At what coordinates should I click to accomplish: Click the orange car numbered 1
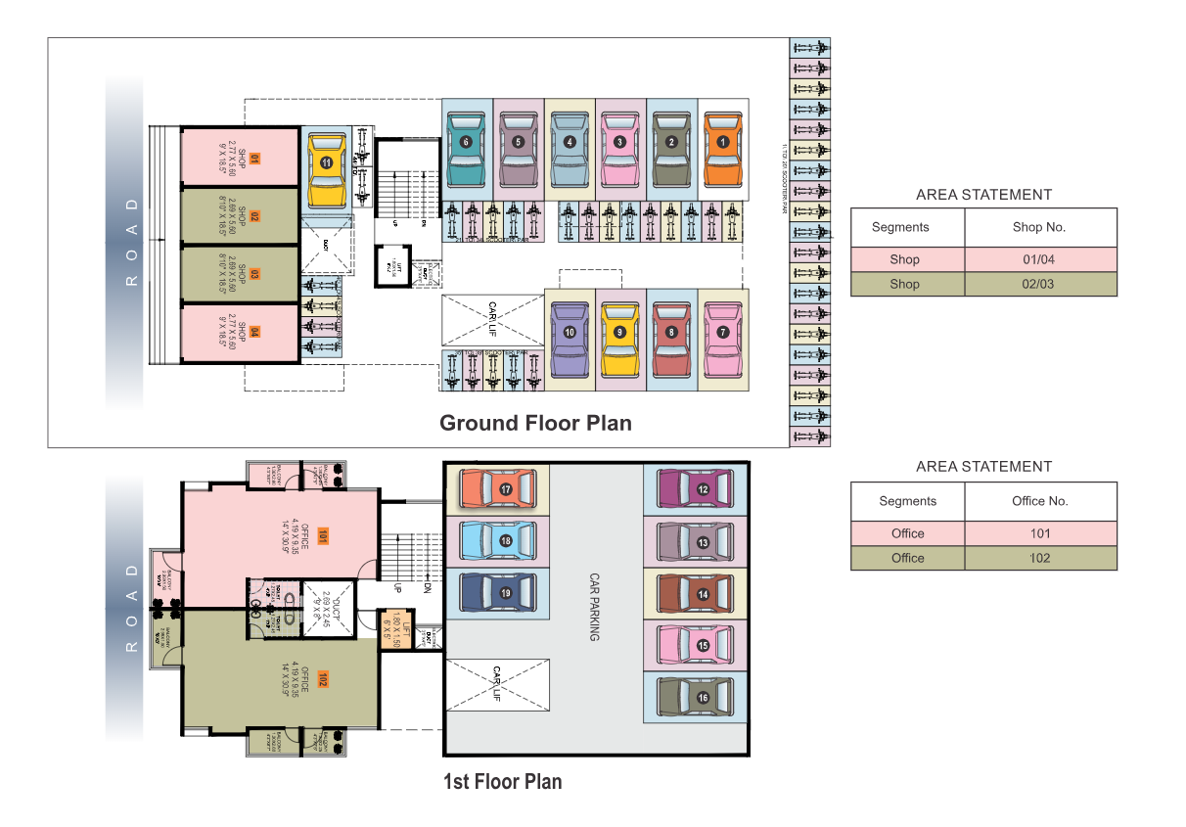[723, 147]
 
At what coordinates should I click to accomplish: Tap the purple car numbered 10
[569, 339]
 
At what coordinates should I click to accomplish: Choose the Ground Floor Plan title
[535, 423]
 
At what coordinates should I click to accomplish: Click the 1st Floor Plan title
[503, 782]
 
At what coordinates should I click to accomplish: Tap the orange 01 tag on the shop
[253, 158]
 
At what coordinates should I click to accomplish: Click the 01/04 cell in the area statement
[1039, 260]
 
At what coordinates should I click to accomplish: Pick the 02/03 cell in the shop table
[1039, 284]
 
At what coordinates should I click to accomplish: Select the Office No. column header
[1039, 501]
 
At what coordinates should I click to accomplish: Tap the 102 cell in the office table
[1039, 558]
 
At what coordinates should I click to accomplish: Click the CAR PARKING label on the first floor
[593, 608]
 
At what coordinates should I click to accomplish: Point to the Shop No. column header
[1039, 227]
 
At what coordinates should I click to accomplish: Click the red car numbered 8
[671, 339]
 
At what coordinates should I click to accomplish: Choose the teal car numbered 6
[466, 147]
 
